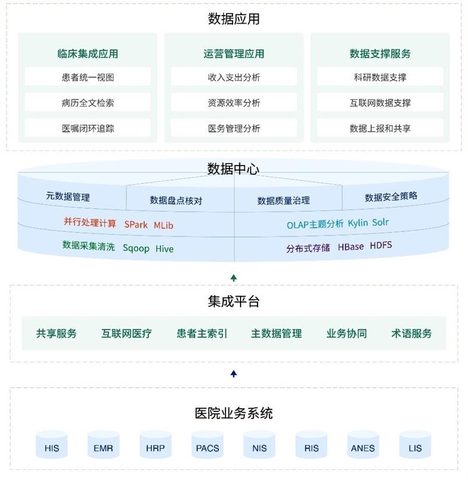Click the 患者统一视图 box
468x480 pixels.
pos(87,77)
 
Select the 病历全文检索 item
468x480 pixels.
pos(87,102)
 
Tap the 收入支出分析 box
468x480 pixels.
pos(234,77)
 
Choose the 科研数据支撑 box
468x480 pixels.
pos(380,77)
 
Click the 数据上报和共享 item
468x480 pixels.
pos(380,128)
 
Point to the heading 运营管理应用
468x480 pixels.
pos(234,54)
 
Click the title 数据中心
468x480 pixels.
pos(233,169)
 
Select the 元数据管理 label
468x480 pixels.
pos(68,197)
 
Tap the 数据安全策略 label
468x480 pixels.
pos(391,197)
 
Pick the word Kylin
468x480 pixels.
pos(358,223)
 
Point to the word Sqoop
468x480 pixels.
pos(136,248)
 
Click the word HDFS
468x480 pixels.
pos(381,246)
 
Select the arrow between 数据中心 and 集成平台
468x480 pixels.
pos(234,277)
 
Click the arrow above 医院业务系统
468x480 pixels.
pos(234,374)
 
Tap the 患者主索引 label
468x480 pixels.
pos(202,334)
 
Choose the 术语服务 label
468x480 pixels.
pos(412,334)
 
